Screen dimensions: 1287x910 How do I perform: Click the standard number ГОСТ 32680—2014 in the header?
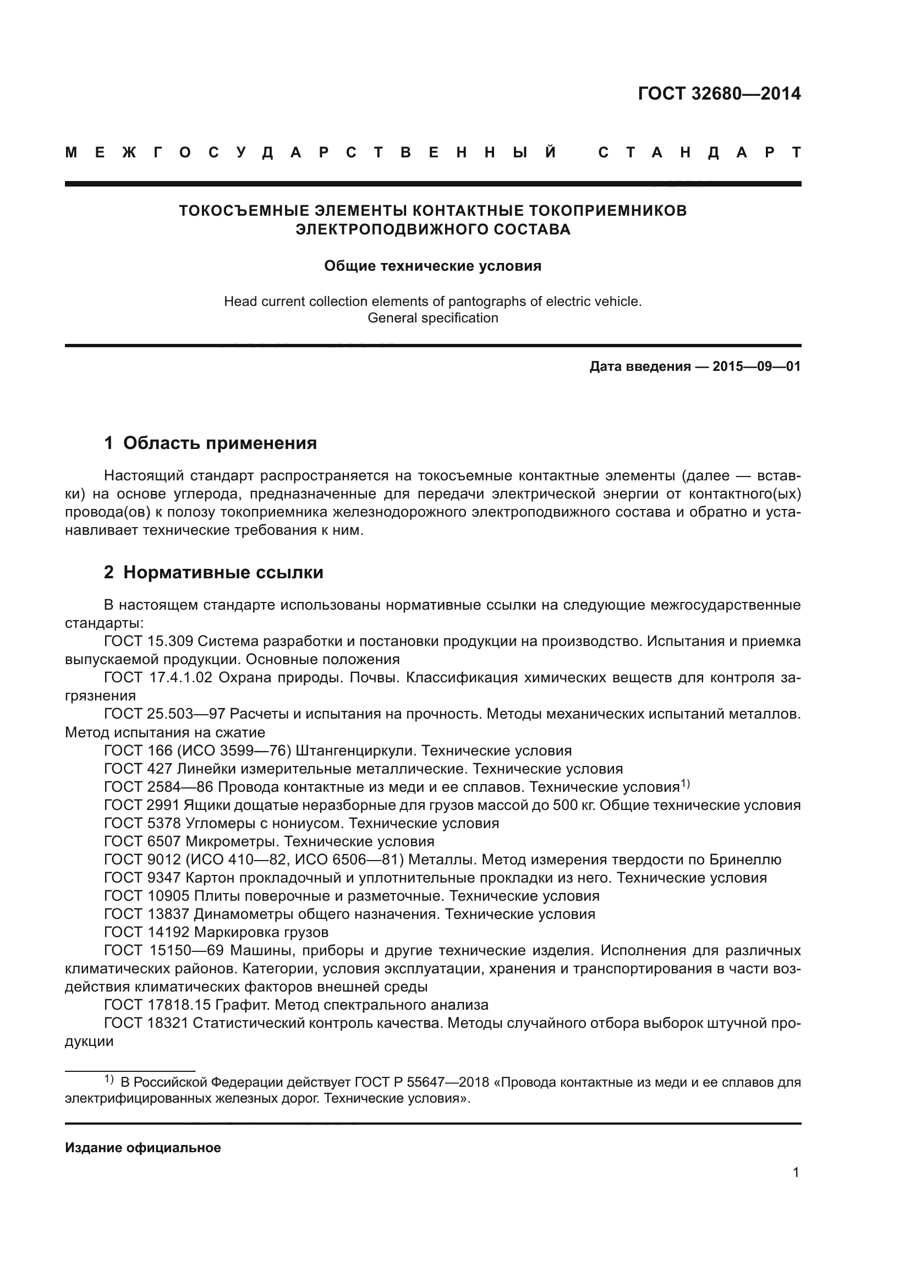coord(719,94)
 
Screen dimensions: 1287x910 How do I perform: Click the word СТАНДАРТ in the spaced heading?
coord(699,152)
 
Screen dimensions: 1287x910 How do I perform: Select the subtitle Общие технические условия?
coord(432,266)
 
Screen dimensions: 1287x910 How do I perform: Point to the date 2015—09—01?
coord(756,366)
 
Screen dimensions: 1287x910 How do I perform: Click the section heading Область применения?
coord(220,443)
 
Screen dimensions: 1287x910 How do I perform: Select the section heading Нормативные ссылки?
coord(223,572)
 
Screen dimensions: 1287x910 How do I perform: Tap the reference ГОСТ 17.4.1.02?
coord(158,678)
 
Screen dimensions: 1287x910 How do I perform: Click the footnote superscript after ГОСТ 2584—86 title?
coord(686,784)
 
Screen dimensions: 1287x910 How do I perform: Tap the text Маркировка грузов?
coord(261,932)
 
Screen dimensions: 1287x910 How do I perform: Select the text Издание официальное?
coord(143,1148)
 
